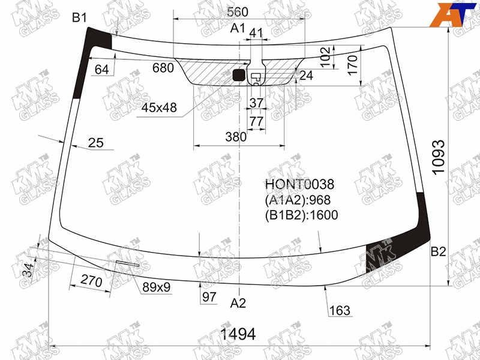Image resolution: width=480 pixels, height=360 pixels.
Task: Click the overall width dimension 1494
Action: [238, 334]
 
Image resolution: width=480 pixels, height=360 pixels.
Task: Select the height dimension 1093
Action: [439, 157]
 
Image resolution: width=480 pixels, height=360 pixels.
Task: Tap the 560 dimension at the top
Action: [238, 12]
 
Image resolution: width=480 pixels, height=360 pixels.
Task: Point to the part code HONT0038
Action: [299, 185]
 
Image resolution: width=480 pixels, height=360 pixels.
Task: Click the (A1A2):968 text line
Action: [298, 200]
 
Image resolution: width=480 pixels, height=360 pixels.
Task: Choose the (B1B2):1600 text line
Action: [302, 215]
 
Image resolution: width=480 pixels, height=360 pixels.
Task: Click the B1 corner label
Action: [80, 18]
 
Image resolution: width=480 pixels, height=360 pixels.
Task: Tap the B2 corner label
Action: [439, 251]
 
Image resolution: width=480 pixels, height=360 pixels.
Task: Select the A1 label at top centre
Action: [238, 28]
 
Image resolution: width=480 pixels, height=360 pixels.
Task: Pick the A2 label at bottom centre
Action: [238, 304]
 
